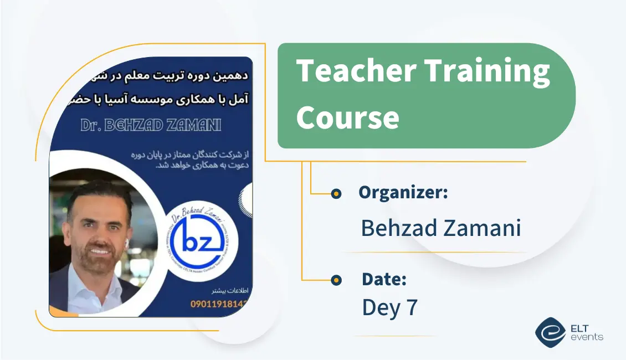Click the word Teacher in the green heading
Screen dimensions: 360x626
356,72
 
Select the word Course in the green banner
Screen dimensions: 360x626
347,117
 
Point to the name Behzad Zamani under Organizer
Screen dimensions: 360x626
441,228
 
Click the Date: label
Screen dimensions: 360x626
384,280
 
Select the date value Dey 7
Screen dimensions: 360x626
389,307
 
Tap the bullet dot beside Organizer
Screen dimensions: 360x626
336,193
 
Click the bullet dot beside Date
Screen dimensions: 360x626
336,280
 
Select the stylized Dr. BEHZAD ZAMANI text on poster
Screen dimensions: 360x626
151,126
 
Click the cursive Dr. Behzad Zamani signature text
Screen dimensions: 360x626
188,213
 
